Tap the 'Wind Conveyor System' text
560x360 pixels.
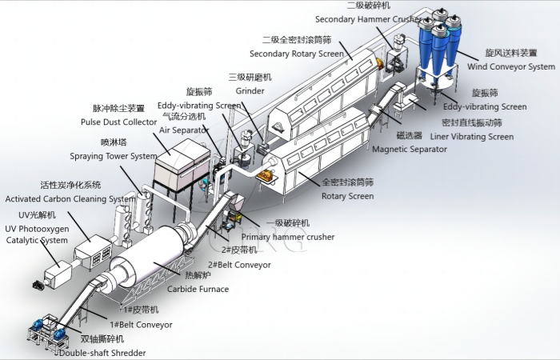(x=510, y=67)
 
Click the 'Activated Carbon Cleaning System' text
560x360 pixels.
(x=70, y=198)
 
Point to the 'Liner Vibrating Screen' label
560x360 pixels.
(x=478, y=137)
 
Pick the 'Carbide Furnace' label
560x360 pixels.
(x=197, y=289)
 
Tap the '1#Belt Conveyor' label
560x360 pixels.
(x=146, y=324)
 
